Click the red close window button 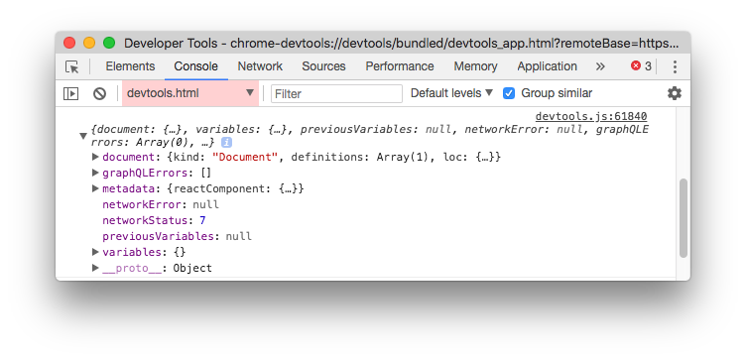69,44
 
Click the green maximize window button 109,44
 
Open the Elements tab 130,66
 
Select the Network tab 260,66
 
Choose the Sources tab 323,66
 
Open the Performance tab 400,66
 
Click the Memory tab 475,66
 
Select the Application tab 547,66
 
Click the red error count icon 636,66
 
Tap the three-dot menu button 675,66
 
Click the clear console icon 99,93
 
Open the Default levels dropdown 451,93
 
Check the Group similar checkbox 509,93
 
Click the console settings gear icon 675,93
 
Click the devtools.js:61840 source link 590,117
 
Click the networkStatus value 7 202,220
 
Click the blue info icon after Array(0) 226,143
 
